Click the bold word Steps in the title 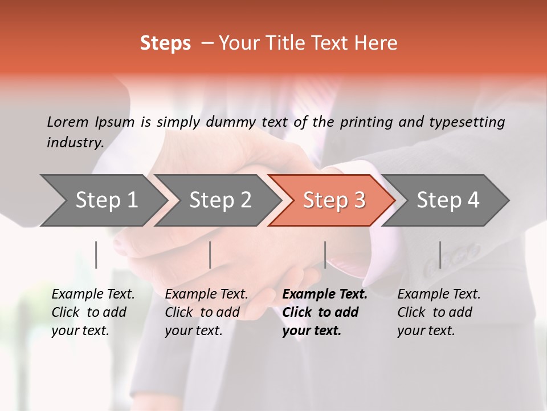(x=165, y=43)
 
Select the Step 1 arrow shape (x=103, y=200)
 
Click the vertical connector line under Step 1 (x=96, y=255)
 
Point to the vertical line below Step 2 (x=210, y=255)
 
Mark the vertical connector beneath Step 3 (x=325, y=255)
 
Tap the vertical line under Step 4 (x=440, y=255)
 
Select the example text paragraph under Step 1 (x=93, y=312)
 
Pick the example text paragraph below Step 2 (x=206, y=312)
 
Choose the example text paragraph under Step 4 (x=439, y=312)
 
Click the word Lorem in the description (x=68, y=122)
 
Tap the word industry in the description (x=75, y=142)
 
